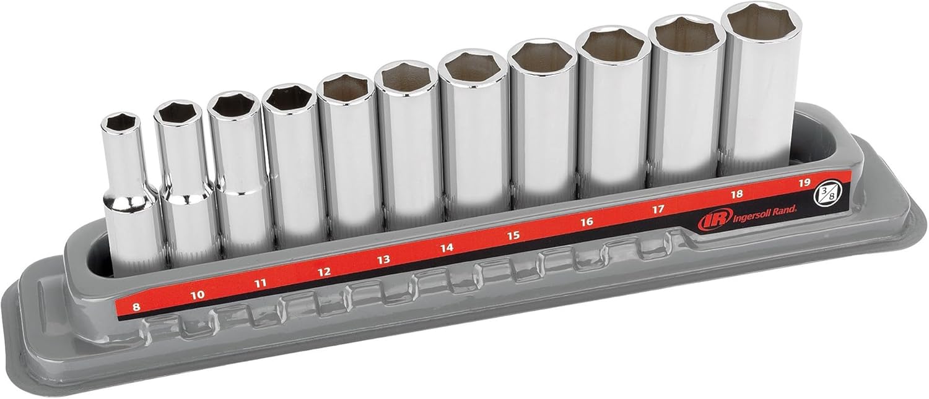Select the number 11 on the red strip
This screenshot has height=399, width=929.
(x=260, y=283)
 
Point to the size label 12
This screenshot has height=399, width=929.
(x=323, y=272)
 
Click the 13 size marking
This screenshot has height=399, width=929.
(x=383, y=260)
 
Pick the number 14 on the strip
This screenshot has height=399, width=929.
(x=447, y=248)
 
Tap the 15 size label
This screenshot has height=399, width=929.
(x=513, y=235)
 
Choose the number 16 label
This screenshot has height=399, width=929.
(x=587, y=221)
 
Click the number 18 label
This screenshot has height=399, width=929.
(x=737, y=194)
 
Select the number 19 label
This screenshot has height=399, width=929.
(x=805, y=182)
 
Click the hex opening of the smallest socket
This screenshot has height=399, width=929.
(x=120, y=122)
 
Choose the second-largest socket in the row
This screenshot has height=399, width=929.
(x=687, y=99)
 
